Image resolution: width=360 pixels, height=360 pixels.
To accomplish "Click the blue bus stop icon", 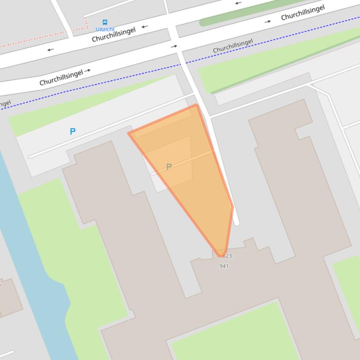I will (x=105, y=22).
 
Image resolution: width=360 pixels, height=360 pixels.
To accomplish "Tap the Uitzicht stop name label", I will (x=105, y=29).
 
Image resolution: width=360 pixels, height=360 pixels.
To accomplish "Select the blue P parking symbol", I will (x=73, y=131).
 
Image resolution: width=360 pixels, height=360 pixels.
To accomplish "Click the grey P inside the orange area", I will (x=169, y=167).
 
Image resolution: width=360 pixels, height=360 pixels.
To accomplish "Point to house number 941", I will (x=224, y=266).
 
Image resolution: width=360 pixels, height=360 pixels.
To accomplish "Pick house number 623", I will (x=228, y=256).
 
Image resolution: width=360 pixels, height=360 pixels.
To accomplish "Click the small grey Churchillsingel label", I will (x=233, y=46).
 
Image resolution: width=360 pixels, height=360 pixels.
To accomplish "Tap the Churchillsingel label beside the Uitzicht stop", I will (x=113, y=34).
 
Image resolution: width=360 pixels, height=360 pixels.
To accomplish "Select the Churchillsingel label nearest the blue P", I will (x=61, y=77).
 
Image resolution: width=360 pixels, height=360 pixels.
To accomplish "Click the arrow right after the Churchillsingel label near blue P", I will (x=88, y=71).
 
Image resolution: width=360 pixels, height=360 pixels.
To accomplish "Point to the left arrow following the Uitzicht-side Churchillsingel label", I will (x=145, y=27).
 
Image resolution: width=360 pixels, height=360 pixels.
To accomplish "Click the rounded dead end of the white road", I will (x=236, y=223).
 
